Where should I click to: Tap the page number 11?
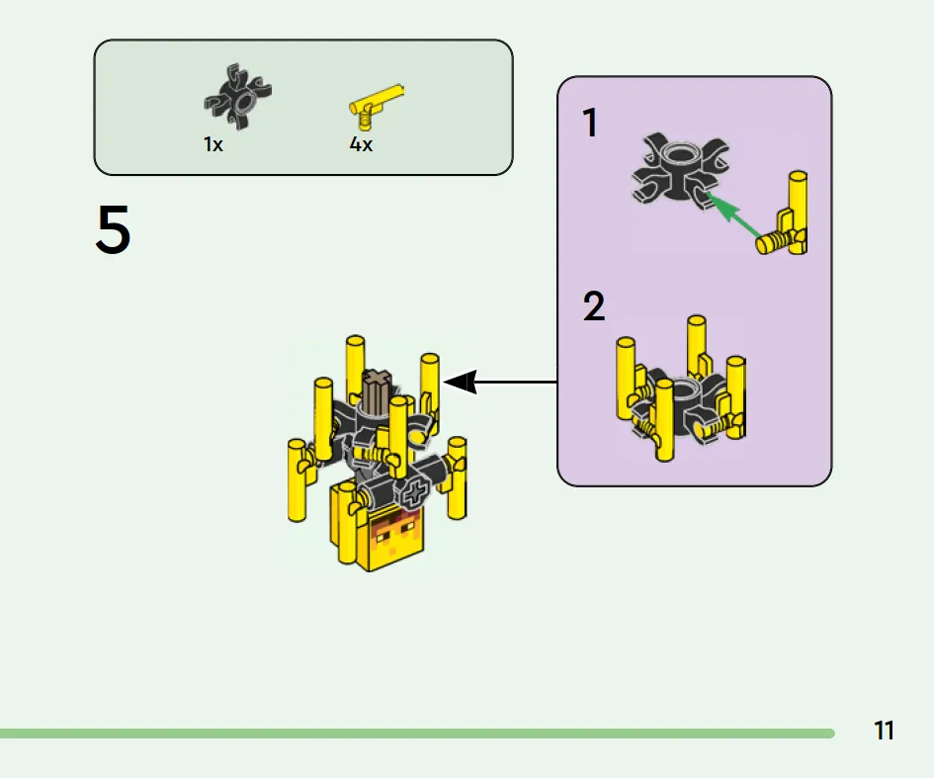click(x=884, y=732)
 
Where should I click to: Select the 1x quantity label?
click(x=213, y=144)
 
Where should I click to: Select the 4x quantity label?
click(x=361, y=144)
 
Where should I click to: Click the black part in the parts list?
click(x=237, y=99)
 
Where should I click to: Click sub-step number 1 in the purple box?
click(x=590, y=125)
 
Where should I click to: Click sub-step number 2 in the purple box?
click(x=593, y=307)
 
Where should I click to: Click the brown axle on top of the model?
click(x=377, y=389)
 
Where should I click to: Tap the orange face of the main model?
click(x=395, y=540)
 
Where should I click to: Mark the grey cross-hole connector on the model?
click(x=413, y=493)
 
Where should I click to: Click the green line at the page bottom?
click(x=415, y=734)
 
